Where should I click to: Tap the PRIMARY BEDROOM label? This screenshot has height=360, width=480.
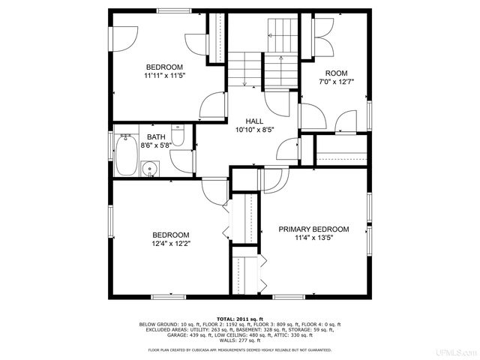click(x=313, y=229)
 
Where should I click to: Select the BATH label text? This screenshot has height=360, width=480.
click(x=155, y=136)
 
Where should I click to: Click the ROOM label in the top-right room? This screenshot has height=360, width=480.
click(x=336, y=73)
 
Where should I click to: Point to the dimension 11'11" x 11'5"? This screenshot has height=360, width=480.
click(x=164, y=76)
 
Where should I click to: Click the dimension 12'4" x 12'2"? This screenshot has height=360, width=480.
click(x=171, y=243)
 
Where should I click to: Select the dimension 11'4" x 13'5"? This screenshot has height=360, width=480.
click(x=313, y=238)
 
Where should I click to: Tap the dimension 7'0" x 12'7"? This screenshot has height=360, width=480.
click(x=336, y=82)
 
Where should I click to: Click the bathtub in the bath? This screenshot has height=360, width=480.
click(x=127, y=155)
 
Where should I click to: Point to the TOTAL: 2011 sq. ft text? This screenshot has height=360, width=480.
click(x=239, y=318)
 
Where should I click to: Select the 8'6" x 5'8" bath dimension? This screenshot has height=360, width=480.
click(x=155, y=145)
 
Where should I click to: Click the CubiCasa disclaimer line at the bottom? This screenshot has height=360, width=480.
click(x=239, y=349)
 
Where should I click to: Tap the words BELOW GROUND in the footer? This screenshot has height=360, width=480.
click(x=156, y=323)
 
